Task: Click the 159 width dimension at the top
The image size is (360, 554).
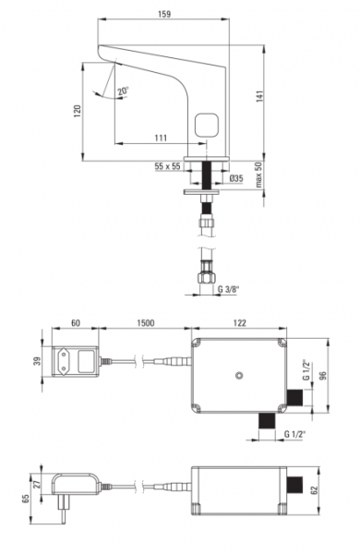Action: point(164,14)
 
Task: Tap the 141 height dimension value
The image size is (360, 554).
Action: point(259,97)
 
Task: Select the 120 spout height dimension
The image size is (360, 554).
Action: point(78,111)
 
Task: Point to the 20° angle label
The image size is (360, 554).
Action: point(124,90)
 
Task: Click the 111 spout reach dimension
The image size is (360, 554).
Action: point(161,138)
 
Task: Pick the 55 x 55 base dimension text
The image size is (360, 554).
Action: point(167,166)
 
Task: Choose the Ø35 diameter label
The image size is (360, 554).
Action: point(236,178)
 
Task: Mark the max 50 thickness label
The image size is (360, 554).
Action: point(259,175)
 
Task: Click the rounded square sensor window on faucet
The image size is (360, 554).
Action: point(207,126)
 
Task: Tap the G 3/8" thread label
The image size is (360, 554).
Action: point(229,289)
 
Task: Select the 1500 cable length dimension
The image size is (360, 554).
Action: point(145,323)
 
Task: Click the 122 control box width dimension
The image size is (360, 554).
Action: point(239,323)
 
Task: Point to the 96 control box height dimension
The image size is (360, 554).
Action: point(323,375)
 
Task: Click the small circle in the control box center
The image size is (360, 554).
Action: point(239,375)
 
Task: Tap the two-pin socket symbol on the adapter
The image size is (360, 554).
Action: point(64,361)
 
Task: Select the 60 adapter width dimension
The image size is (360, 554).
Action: point(76,323)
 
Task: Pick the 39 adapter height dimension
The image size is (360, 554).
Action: point(38,361)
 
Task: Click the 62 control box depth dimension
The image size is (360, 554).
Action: point(315,490)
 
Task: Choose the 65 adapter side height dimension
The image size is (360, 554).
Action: point(26,499)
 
